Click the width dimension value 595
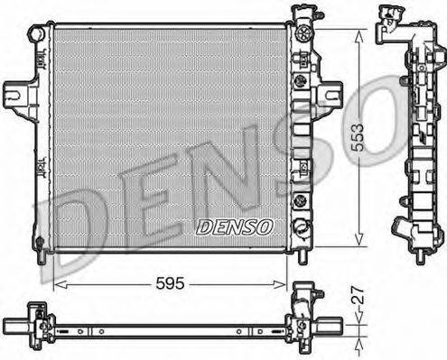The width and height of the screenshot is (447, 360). [169, 282]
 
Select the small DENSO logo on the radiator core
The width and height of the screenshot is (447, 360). [233, 226]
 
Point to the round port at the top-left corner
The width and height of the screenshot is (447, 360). [36, 33]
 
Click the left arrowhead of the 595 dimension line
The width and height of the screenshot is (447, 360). [58, 283]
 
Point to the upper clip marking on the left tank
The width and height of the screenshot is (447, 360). [41, 61]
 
